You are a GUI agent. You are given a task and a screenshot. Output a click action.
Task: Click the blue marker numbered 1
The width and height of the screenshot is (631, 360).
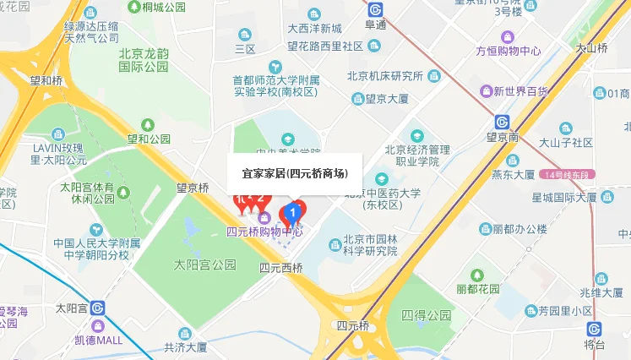293,210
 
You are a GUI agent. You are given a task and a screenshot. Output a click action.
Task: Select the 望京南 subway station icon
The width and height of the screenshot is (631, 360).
501,121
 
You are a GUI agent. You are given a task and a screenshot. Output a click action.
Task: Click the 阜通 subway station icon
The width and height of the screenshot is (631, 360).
375,9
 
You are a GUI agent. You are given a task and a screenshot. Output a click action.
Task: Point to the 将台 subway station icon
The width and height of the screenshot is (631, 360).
595,329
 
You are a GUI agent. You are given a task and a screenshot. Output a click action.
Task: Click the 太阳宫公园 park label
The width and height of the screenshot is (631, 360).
204,265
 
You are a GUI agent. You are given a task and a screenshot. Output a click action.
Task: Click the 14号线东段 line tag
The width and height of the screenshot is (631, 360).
570,175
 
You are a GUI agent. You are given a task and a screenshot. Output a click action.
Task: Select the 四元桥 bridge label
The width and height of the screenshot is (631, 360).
352,325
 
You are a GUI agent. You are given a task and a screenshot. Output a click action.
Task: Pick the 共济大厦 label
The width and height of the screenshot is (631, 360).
185,346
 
